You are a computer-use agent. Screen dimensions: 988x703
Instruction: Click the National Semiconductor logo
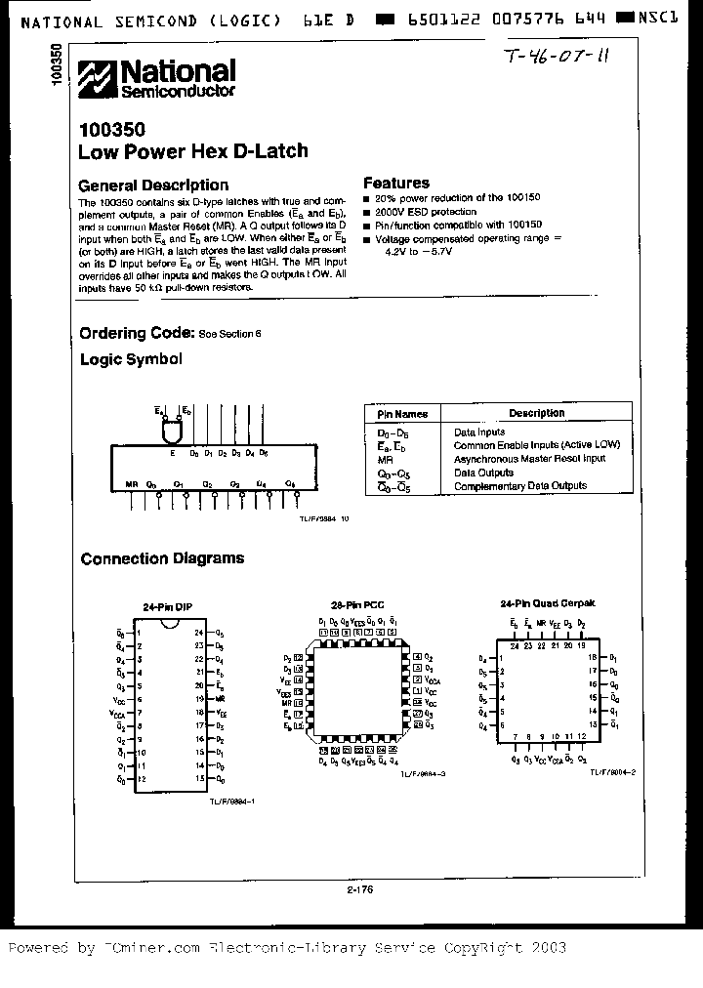pos(157,78)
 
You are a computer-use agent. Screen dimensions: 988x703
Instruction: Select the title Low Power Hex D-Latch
pos(192,150)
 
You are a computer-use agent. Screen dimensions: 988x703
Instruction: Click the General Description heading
pos(153,185)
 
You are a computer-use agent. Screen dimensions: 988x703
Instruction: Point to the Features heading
pos(396,183)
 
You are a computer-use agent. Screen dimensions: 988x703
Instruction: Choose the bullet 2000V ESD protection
pos(425,211)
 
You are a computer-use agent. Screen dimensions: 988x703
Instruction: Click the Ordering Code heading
pos(137,333)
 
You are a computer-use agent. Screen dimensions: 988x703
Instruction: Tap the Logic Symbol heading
pos(131,359)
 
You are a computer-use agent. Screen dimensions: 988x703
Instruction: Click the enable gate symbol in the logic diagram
pos(173,429)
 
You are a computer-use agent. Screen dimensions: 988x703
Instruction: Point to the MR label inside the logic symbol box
pos(132,483)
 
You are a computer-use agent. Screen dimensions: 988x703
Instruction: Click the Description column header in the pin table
pos(536,413)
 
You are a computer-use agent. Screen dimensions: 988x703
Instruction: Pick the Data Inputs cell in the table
pos(479,431)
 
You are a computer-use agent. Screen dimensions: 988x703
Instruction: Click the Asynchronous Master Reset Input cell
pos(529,458)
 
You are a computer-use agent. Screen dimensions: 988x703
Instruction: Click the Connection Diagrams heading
pos(162,558)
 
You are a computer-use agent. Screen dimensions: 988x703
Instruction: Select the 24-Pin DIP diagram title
pos(168,606)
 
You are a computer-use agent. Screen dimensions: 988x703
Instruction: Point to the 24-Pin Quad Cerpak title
pos(541,604)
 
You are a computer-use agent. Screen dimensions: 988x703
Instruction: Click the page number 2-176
pos(359,889)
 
